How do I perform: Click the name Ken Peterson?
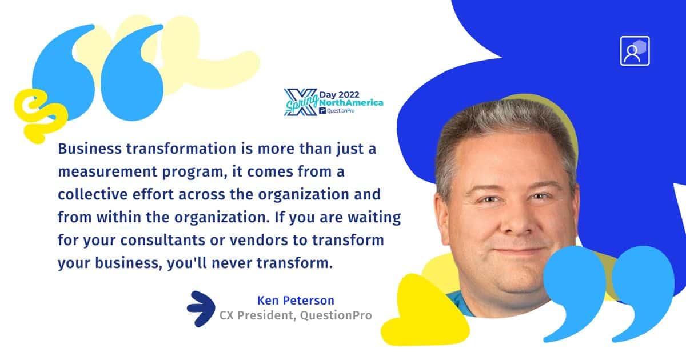click(x=296, y=301)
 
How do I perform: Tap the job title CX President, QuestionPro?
click(x=296, y=315)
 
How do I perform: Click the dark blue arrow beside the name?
click(x=201, y=309)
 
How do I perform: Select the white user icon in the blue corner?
click(x=635, y=51)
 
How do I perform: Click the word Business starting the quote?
click(x=90, y=149)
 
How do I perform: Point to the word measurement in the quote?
click(x=107, y=172)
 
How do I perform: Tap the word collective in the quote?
click(x=93, y=194)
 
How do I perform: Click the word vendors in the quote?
click(x=259, y=240)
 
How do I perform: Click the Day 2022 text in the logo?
click(x=339, y=95)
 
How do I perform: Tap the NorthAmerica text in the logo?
click(x=351, y=103)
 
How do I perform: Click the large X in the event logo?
click(x=300, y=102)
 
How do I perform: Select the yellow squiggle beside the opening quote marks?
click(x=39, y=115)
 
